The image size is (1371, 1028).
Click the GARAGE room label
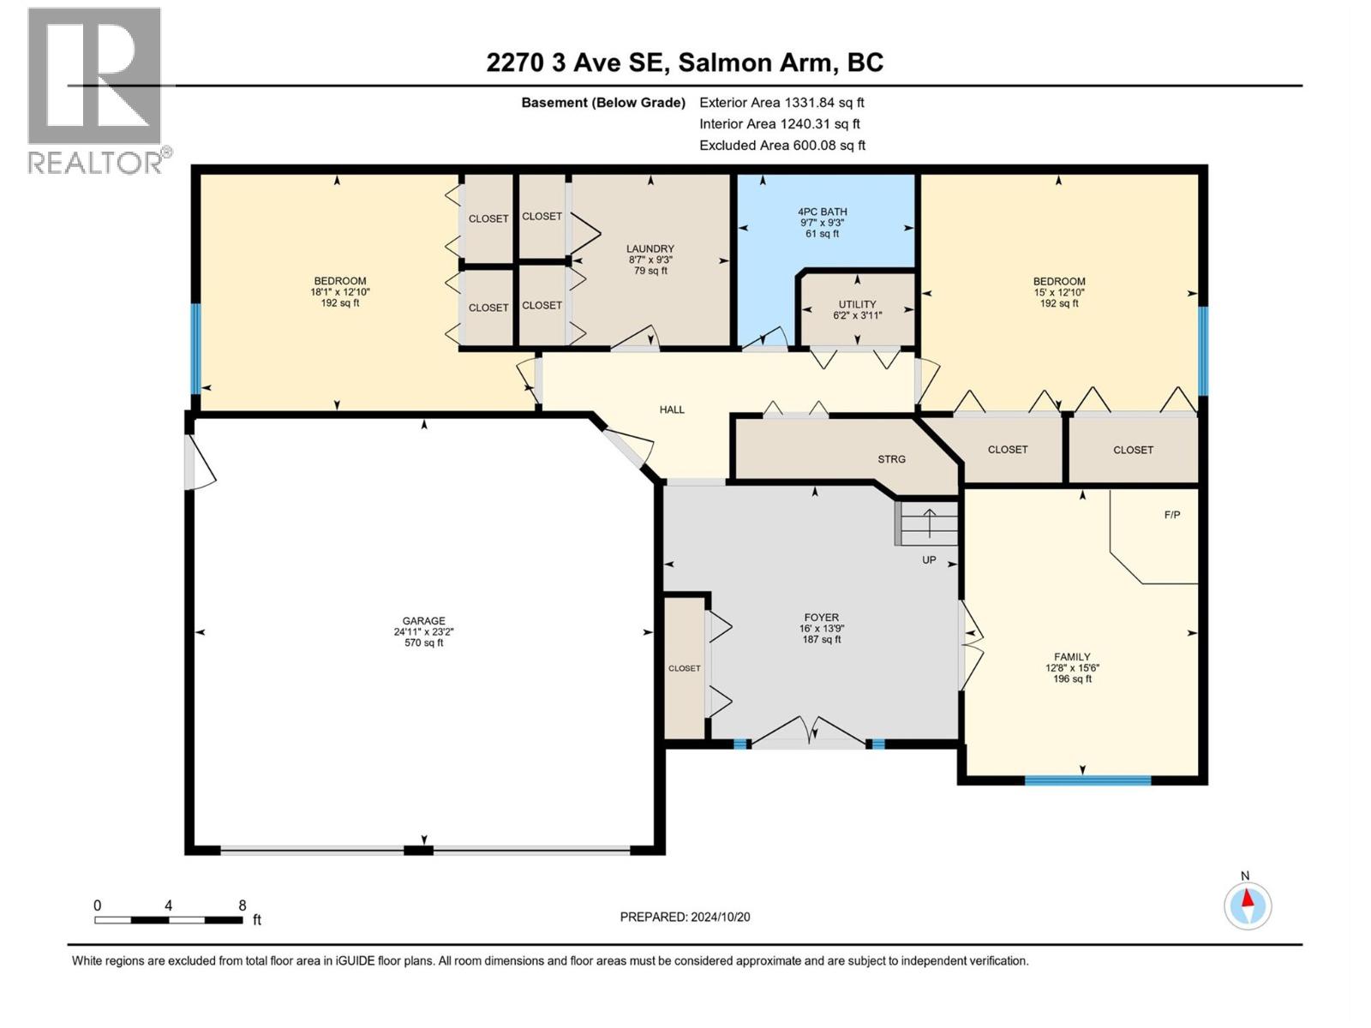click(424, 621)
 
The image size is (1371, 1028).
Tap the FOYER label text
click(821, 618)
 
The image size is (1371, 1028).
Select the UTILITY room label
click(857, 304)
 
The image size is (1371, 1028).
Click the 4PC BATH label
click(822, 212)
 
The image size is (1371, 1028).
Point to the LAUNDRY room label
click(650, 249)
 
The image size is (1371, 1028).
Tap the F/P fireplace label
click(1172, 515)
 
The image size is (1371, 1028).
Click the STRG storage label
click(891, 459)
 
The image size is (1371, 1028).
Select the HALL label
click(672, 409)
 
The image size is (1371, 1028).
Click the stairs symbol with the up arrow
click(928, 523)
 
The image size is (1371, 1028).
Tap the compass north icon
click(1248, 905)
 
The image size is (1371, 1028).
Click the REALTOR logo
click(95, 90)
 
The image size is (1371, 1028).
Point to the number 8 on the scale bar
click(242, 905)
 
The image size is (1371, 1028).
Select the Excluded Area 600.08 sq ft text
click(781, 146)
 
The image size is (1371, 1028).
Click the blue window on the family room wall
click(1087, 780)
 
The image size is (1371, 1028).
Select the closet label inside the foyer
click(685, 668)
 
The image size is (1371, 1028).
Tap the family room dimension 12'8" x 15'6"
click(1072, 668)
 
